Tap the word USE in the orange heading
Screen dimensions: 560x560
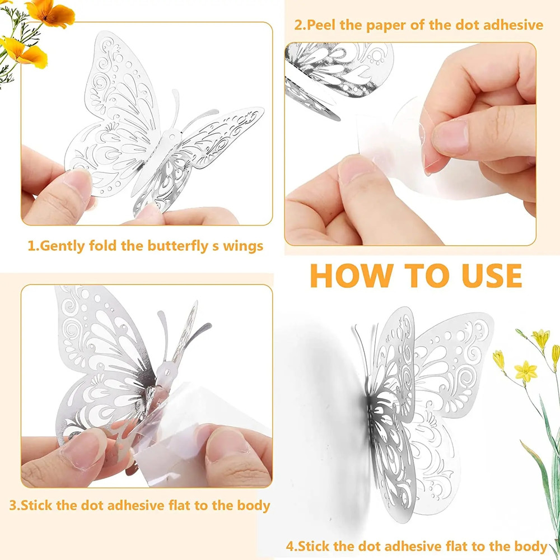click(x=482, y=275)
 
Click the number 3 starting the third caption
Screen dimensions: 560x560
click(x=13, y=505)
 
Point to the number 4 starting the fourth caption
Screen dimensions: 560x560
click(x=290, y=546)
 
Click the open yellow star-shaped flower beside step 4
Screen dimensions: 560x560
click(x=525, y=371)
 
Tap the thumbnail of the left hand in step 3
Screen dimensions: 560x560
click(x=84, y=451)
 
